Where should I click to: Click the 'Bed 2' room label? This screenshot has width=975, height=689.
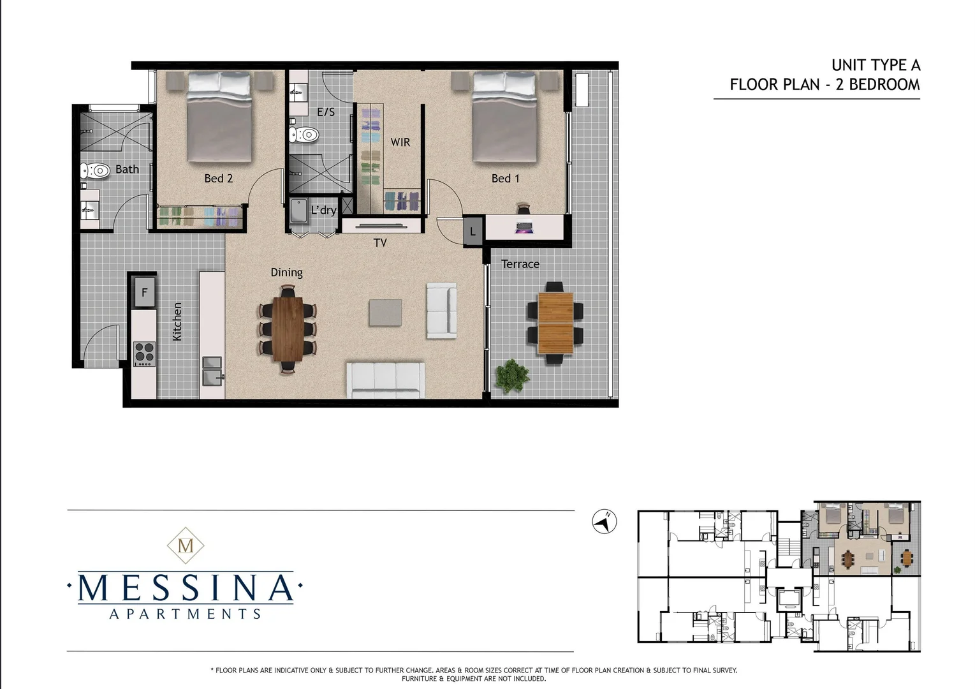pos(218,179)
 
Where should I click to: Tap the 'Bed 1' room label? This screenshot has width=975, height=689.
pos(505,179)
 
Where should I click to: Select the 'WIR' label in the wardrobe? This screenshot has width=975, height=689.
pos(400,142)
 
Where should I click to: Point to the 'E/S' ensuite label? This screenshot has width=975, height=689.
pos(326,112)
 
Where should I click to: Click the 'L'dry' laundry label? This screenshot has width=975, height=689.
pos(323,211)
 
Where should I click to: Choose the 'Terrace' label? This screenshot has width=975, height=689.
pos(520,264)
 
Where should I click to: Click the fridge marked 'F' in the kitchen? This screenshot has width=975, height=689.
pos(145,293)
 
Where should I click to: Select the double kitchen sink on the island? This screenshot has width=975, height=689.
pos(212,371)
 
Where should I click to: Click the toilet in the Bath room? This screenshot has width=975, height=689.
pos(95,171)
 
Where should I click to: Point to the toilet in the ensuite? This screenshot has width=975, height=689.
pos(304,135)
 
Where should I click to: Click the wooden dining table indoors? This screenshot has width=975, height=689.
pos(289,329)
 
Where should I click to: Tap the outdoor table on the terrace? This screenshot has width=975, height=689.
pos(555,323)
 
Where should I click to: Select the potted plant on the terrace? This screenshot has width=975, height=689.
pos(511,376)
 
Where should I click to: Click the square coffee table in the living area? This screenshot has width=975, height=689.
pos(385,314)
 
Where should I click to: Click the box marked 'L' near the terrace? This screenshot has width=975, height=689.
pos(473,232)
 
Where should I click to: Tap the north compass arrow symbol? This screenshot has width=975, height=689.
pos(604,522)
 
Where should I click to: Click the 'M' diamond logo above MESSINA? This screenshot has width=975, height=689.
pos(186,546)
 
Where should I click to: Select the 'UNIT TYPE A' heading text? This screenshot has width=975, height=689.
pos(876,65)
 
